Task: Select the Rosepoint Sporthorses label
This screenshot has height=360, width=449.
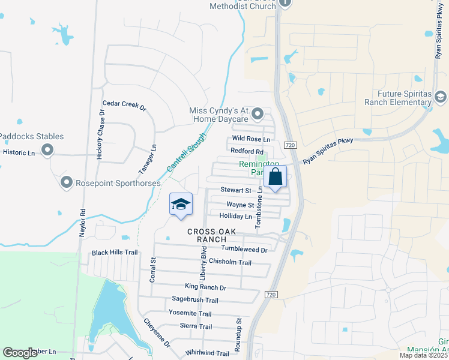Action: pyautogui.click(x=116, y=182)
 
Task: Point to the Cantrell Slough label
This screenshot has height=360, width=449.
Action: pyautogui.click(x=187, y=154)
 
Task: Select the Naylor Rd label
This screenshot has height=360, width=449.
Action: pyautogui.click(x=82, y=223)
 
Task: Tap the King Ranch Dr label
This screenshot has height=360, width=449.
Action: pyautogui.click(x=205, y=287)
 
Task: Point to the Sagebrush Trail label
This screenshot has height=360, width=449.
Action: pyautogui.click(x=194, y=300)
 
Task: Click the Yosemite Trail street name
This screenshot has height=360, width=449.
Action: pyautogui.click(x=190, y=314)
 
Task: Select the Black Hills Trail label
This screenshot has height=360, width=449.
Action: pyautogui.click(x=115, y=253)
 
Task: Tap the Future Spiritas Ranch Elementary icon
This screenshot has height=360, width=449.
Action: pyautogui.click(x=441, y=97)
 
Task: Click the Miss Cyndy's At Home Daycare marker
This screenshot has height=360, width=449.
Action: pyautogui.click(x=258, y=113)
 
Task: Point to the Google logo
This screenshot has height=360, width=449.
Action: pyautogui.click(x=20, y=353)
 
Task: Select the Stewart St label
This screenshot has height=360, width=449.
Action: pyautogui.click(x=235, y=190)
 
